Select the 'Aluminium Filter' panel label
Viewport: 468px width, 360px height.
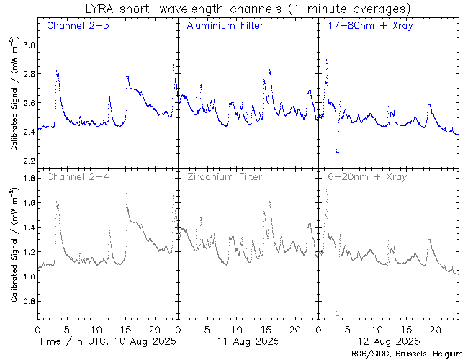pyautogui.click(x=225, y=27)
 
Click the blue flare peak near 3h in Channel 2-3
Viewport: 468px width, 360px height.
pyautogui.click(x=57, y=71)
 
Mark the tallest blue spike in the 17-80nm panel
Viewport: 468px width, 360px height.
pyautogui.click(x=326, y=60)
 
